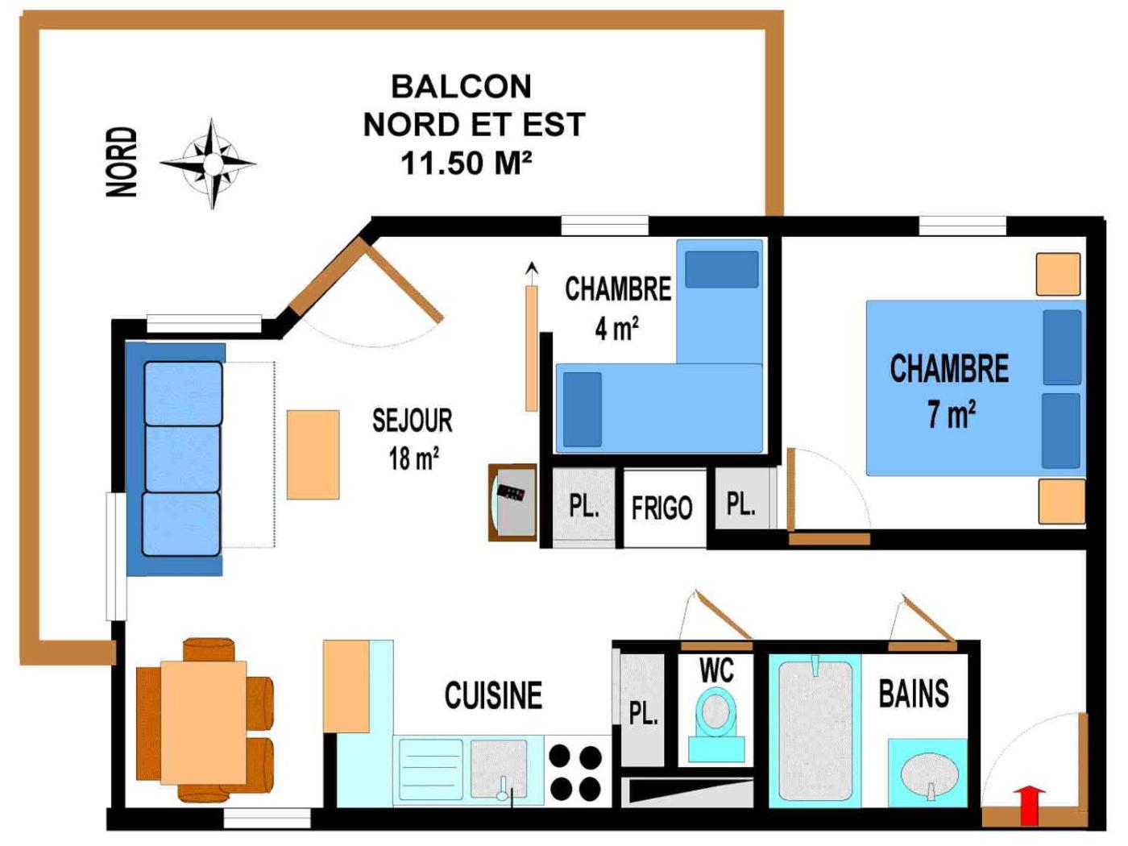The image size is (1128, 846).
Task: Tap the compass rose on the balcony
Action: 211,164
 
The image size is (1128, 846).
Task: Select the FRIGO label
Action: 662,508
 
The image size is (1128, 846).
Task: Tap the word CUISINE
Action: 493,695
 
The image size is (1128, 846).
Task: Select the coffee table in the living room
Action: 313,454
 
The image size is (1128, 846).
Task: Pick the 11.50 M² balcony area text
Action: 466,164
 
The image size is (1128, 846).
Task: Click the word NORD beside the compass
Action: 122,162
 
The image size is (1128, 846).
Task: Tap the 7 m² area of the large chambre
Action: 952,414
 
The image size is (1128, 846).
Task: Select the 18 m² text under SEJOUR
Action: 413,458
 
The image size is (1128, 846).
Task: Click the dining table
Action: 204,722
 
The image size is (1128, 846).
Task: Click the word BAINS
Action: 914,694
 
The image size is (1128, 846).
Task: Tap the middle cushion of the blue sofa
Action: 182,458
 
